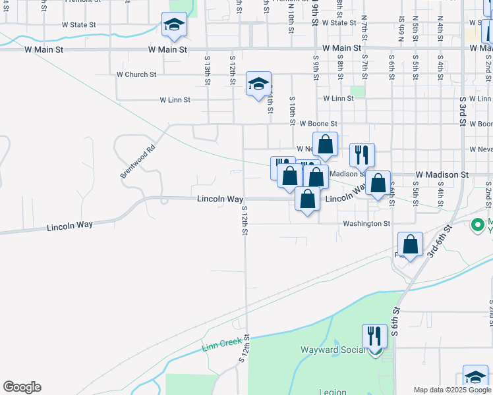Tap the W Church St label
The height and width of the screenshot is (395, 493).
(x=136, y=74)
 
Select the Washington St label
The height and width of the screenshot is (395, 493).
(x=366, y=224)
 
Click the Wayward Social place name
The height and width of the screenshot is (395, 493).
(x=332, y=350)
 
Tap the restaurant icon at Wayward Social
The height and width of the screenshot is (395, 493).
(x=374, y=336)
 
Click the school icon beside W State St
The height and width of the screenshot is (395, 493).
(x=174, y=24)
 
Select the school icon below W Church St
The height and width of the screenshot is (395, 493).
(x=258, y=84)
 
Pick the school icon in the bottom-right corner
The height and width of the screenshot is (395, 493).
(x=475, y=377)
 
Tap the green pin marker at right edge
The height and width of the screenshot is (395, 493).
(x=478, y=225)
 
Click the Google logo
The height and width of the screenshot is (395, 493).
(x=22, y=387)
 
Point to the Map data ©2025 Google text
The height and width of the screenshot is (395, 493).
(x=451, y=390)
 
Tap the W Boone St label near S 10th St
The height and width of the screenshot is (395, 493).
(x=318, y=123)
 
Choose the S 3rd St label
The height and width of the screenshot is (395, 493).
(x=463, y=112)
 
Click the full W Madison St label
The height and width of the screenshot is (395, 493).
(x=442, y=174)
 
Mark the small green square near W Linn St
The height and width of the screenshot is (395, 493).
(x=357, y=92)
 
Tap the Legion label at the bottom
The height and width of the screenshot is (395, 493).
(x=333, y=392)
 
